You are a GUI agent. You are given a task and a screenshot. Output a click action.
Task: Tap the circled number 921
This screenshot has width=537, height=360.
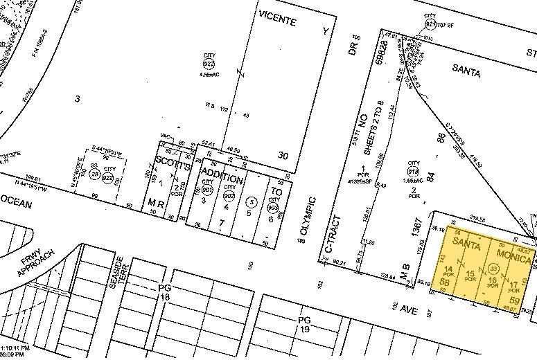430,23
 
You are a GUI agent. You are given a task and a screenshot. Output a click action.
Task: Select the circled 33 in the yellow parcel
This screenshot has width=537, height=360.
493,268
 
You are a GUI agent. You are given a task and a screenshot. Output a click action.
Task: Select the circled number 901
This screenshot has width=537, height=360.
206,189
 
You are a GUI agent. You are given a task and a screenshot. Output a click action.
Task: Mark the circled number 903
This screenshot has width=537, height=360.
273,206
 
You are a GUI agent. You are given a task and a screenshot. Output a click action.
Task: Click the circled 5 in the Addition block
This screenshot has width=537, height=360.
252,203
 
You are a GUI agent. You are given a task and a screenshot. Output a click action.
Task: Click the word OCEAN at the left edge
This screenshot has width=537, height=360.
17,200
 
